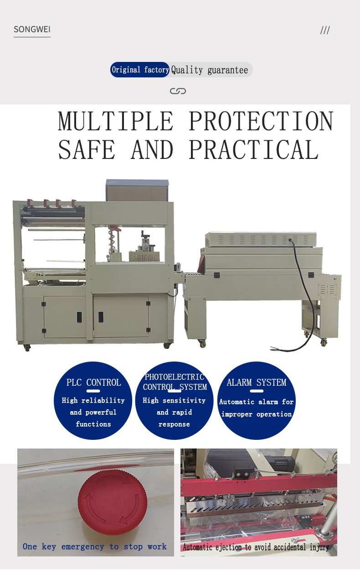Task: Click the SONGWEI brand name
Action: tap(32, 29)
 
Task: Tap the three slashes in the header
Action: tap(325, 30)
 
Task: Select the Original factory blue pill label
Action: tap(140, 70)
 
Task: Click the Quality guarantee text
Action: tap(210, 70)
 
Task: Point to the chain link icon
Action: tap(178, 91)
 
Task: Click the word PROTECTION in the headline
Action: tap(261, 121)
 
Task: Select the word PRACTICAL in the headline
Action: tap(254, 150)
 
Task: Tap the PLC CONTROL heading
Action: tap(93, 382)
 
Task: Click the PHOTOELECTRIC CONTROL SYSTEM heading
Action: tap(175, 382)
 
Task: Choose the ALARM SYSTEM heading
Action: tap(257, 382)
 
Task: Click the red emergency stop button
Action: tap(113, 502)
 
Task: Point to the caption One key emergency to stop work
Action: tap(95, 546)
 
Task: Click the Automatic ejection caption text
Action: tap(256, 547)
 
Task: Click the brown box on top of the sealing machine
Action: tap(137, 190)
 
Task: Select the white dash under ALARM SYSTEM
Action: tap(257, 391)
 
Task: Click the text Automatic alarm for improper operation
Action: tap(256, 408)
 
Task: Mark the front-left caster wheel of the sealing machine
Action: tap(27, 347)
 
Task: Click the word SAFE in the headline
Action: tap(87, 150)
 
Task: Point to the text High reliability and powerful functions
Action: tap(93, 412)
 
